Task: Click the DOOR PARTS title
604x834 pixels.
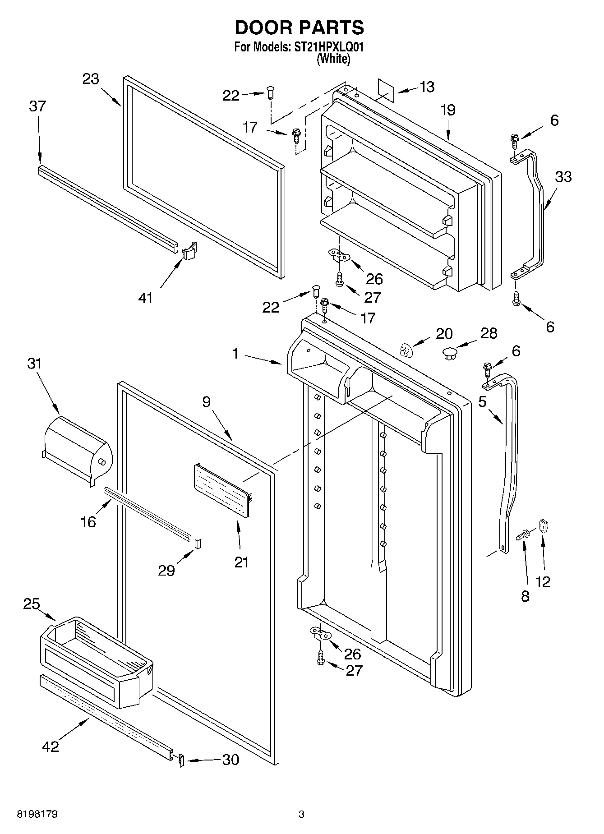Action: (x=299, y=28)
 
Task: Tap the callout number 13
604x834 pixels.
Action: (x=426, y=87)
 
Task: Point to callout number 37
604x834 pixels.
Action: (x=37, y=107)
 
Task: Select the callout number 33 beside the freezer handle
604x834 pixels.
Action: (x=563, y=176)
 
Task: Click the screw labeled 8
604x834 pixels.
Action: (x=523, y=536)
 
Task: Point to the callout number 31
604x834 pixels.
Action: (x=34, y=363)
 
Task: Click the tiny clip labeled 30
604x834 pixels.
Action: (x=181, y=760)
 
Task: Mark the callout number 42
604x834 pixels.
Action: (x=50, y=746)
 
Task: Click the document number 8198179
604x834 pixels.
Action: (x=37, y=814)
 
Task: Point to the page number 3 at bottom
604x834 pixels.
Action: (x=301, y=814)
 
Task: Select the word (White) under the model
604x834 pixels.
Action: (x=333, y=59)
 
